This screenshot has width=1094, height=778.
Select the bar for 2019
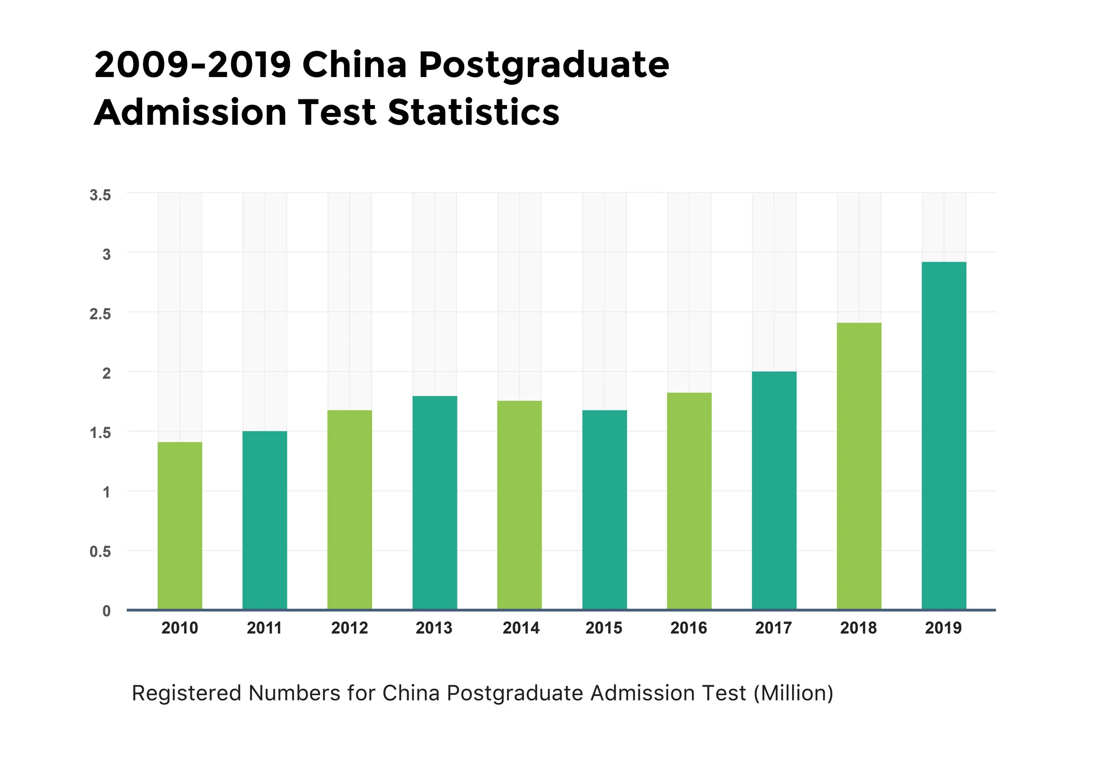[943, 435]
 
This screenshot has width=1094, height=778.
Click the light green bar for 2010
[179, 526]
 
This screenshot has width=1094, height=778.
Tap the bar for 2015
[604, 510]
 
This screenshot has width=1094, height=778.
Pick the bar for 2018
[859, 466]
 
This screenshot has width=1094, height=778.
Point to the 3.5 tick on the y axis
[100, 195]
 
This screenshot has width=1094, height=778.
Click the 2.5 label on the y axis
[100, 314]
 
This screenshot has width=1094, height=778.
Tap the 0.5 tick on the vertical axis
[100, 552]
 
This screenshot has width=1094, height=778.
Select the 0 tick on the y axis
[106, 611]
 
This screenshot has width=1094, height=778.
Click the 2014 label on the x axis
[521, 628]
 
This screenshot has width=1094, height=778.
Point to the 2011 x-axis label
[264, 628]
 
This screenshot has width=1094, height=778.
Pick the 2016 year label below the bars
[688, 628]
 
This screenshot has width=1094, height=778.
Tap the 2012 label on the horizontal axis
[349, 628]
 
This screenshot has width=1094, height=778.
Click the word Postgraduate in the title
[543, 66]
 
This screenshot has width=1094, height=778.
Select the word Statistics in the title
[473, 113]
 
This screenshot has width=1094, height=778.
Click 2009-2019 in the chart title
[193, 65]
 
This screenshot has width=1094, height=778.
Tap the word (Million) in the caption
[793, 693]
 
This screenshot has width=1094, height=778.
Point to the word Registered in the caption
[186, 694]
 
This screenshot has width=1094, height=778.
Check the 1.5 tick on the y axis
[100, 433]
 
